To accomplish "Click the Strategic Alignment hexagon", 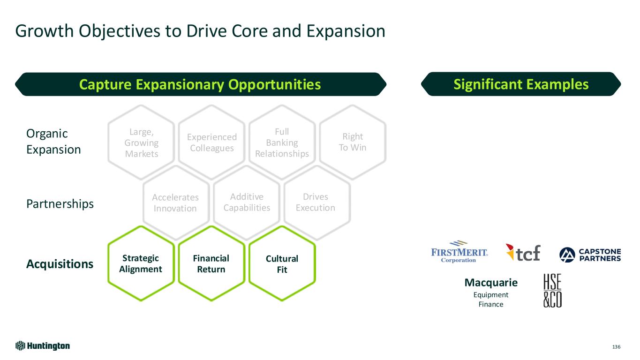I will coord(141,263).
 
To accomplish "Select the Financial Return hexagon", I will coord(211,263).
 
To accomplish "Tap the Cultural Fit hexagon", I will coord(282,264).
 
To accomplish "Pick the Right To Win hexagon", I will coord(353,142).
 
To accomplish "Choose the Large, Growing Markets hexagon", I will coord(141,142).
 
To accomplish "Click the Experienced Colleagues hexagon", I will coord(211,142).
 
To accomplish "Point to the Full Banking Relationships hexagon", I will coord(282,142).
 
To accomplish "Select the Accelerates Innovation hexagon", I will coord(175,202).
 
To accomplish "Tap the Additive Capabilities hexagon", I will coord(247,202).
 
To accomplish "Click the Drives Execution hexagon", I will coord(316,202).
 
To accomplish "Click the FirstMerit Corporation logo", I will coord(459,252).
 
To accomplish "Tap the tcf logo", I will coord(523,253).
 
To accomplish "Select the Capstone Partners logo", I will coord(590,254).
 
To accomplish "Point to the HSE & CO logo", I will coord(552,291).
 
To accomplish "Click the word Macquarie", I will coord(491,283).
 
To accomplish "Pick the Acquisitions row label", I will coord(60,264).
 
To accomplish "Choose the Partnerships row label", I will coord(60,204).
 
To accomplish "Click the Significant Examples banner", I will coord(520,84).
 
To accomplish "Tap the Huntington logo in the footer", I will coord(43,346).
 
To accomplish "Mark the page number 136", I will coord(616,347).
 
